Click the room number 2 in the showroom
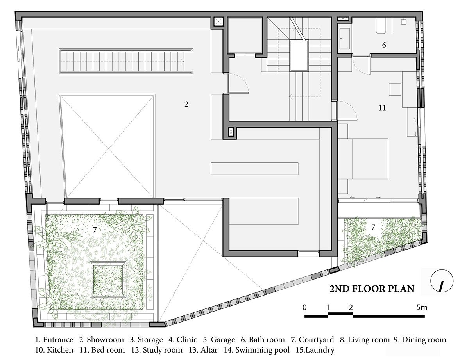point(186,104)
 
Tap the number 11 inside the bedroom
point(382,108)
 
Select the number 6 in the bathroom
point(384,45)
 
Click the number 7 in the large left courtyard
point(95,230)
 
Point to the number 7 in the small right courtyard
point(373,227)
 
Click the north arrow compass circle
point(442,281)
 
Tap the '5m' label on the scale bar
point(422,307)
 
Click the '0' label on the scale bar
point(304,307)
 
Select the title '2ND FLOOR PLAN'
point(372,289)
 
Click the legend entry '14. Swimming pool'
point(257,350)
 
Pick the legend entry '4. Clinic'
point(183,340)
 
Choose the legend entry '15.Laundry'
point(315,350)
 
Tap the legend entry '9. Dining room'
point(420,340)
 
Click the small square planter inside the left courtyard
point(108,280)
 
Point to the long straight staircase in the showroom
point(126,62)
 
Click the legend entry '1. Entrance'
point(54,340)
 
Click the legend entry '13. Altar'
point(203,350)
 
